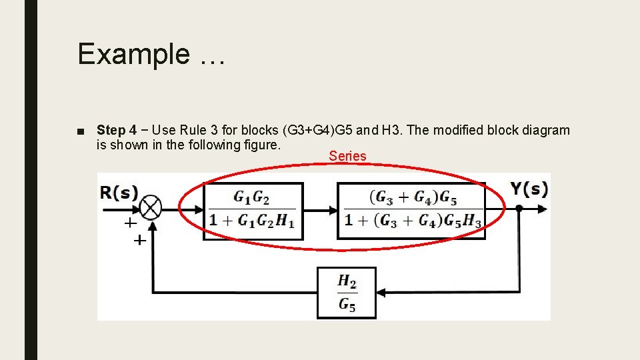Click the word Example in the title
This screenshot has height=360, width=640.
pos(133,54)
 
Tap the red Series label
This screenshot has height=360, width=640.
pos(347,156)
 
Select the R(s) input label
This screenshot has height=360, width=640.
pos(119,192)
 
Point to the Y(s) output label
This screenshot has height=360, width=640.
pos(530,189)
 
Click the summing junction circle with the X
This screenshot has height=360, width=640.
pos(151,209)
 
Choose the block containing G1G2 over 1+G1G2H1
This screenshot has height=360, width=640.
pos(253,211)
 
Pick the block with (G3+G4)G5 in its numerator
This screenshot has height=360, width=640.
pos(411,210)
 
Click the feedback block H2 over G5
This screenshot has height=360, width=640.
pos(347,292)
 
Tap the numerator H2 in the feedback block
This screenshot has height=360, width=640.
pos(347,281)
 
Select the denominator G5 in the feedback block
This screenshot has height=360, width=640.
pos(347,305)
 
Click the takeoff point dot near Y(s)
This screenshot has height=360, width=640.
pos(519,209)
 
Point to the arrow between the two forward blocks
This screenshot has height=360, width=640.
pos(320,210)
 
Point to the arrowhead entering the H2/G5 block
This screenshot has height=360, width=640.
pos(381,292)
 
